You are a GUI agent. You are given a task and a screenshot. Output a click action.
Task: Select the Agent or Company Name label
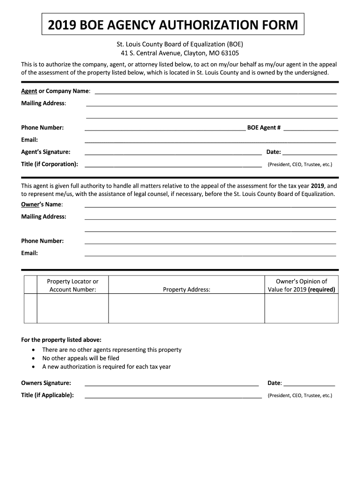point(56,91)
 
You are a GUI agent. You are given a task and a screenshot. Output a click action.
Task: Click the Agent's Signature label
point(46,152)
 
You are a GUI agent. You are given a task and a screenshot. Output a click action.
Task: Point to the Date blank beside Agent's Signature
point(310,152)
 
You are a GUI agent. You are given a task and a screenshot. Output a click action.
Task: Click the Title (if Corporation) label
point(50,164)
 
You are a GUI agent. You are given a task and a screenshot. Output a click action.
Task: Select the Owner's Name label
point(42,204)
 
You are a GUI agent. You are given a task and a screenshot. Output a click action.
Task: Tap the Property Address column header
point(187,290)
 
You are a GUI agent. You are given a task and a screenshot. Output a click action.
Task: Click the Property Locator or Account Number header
point(72,285)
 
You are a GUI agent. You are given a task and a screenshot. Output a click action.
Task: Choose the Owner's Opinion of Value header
point(302,285)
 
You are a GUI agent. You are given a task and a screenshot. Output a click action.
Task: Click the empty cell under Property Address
point(187,308)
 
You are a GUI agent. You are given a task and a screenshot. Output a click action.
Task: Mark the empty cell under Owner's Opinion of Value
point(302,308)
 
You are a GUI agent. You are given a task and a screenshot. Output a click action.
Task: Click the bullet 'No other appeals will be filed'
point(80,358)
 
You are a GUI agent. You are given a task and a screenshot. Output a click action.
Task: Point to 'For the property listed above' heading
point(61,340)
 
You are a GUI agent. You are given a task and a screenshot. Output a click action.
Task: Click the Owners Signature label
point(46,383)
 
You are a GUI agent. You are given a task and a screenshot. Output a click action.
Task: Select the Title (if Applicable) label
point(47,395)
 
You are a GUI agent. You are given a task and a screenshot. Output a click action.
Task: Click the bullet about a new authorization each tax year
point(106,367)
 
